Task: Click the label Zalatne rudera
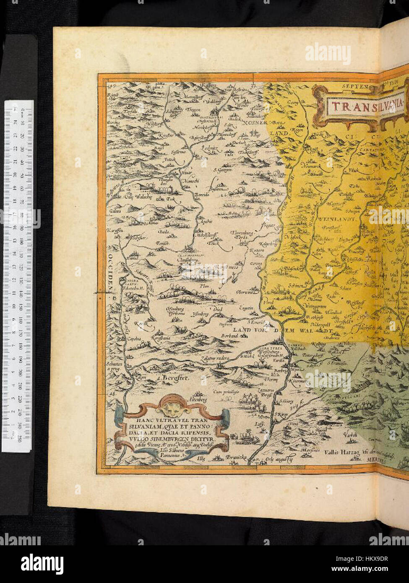coord(216,359)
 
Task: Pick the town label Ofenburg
coord(173,308)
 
